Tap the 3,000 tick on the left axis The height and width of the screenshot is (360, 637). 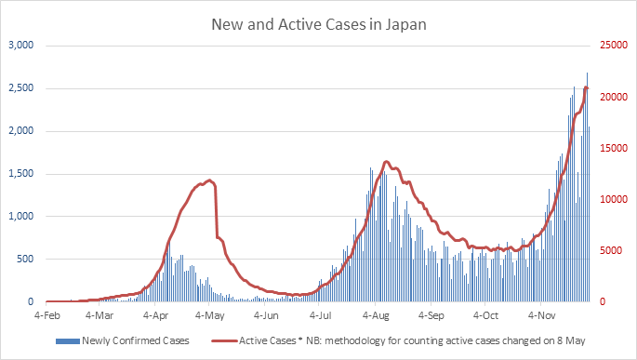[x=20, y=46]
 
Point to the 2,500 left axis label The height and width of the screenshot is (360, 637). [x=20, y=88]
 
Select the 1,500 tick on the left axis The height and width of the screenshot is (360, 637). [x=20, y=174]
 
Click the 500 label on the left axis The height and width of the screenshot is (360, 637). [x=24, y=260]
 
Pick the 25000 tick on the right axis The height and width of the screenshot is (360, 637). [x=610, y=46]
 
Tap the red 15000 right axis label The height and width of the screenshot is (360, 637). [x=610, y=149]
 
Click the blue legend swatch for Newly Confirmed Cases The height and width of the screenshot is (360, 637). [x=68, y=341]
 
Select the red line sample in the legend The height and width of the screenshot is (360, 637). [x=222, y=341]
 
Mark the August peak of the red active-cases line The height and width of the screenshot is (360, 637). [x=386, y=162]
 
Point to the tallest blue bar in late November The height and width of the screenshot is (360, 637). [x=587, y=74]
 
